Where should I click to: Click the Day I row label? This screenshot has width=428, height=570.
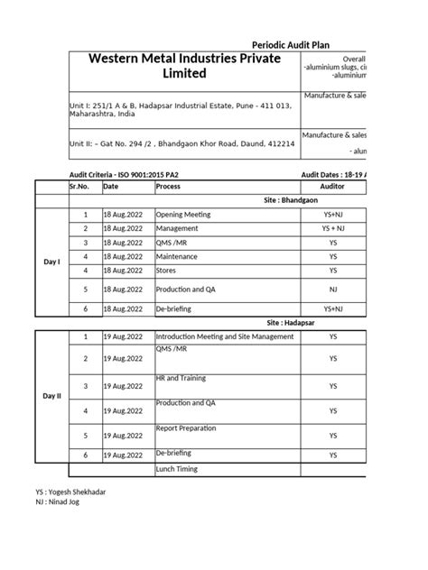pyautogui.click(x=51, y=262)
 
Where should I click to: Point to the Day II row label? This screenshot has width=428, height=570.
pyautogui.click(x=51, y=396)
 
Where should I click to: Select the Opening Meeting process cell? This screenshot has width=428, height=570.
pyautogui.click(x=183, y=216)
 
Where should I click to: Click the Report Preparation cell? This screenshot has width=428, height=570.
pyautogui.click(x=187, y=428)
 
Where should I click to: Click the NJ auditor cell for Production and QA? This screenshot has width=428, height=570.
pyautogui.click(x=333, y=290)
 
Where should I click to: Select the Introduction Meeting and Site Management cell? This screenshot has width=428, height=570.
pyautogui.click(x=225, y=336)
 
